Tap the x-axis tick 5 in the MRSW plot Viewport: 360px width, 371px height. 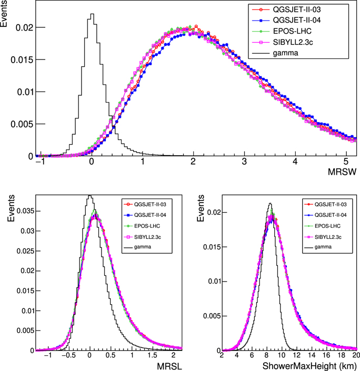pyautogui.click(x=346, y=162)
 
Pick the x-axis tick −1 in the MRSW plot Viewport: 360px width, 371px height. pyautogui.click(x=39, y=162)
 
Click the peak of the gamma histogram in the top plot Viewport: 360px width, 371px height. pyautogui.click(x=92, y=15)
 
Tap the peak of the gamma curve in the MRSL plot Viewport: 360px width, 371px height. pyautogui.click(x=90, y=196)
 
